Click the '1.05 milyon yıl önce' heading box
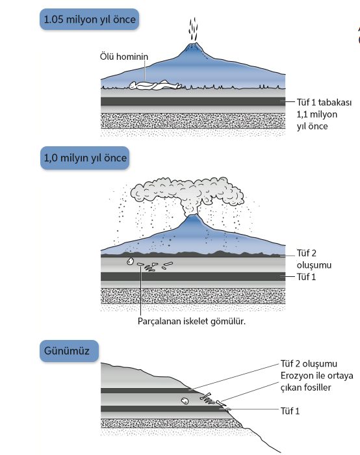point(89,19)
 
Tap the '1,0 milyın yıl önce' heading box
point(85,158)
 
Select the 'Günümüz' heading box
point(70,351)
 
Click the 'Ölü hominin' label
point(124,57)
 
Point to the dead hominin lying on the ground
point(155,85)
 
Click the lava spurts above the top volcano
point(194,29)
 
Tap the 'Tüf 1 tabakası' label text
point(324,102)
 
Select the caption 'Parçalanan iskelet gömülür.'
point(192,321)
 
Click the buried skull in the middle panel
point(130,261)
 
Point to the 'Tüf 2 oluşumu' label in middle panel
point(314,259)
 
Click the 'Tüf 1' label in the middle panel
point(306,277)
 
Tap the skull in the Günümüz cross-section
point(185,401)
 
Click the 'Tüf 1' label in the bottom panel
point(290,411)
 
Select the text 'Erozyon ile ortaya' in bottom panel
point(316,376)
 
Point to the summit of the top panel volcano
point(193,44)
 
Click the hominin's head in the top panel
point(133,85)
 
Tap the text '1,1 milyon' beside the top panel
point(316,114)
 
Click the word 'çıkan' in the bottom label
point(291,387)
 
